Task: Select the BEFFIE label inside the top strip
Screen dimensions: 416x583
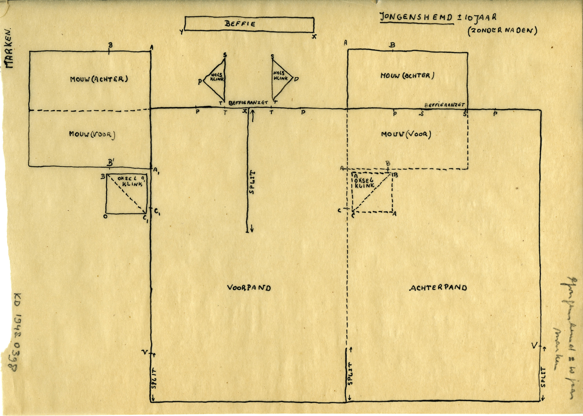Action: [x=240, y=24]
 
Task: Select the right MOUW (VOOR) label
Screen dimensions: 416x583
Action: [x=406, y=134]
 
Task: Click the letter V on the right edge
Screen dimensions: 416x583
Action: [x=534, y=346]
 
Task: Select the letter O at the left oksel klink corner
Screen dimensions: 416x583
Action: [x=105, y=216]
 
